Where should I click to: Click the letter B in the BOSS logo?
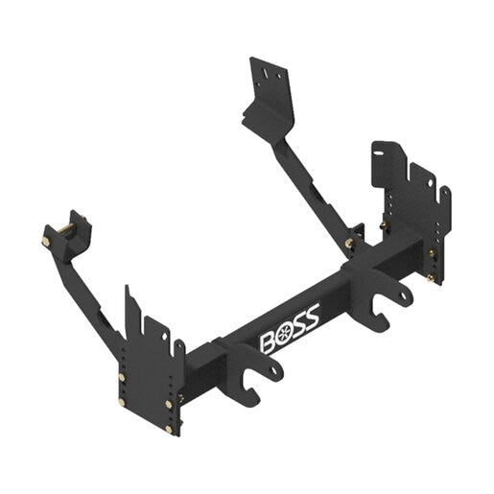[x=268, y=343]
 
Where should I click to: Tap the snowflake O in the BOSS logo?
[x=283, y=334]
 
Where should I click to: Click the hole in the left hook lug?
[x=273, y=370]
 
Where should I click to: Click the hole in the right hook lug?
[x=404, y=295]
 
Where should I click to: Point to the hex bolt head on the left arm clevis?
[x=45, y=242]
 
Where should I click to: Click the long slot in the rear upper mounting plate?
[x=266, y=73]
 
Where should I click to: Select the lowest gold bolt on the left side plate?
[x=169, y=429]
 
